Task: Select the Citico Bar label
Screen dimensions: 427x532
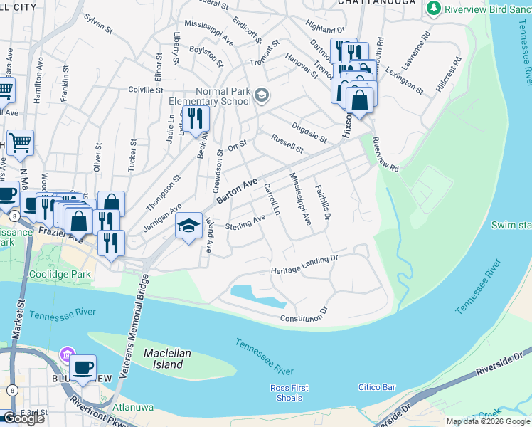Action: (x=376, y=387)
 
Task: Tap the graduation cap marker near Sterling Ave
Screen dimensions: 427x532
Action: (x=188, y=227)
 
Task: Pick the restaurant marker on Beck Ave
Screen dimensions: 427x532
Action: (x=194, y=120)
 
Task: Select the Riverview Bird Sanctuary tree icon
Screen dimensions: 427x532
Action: (x=433, y=8)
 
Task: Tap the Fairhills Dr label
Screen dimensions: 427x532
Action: (x=323, y=202)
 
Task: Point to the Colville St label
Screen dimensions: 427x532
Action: (x=146, y=90)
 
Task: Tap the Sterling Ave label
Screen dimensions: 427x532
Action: (x=245, y=225)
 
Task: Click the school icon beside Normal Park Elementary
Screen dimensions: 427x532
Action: (x=261, y=95)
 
